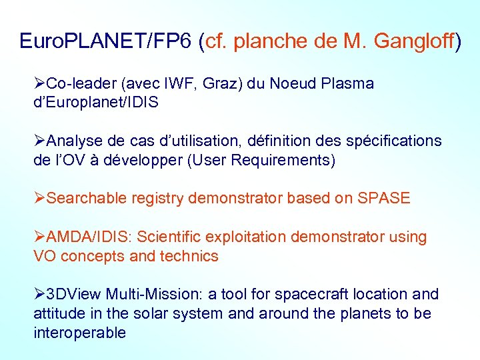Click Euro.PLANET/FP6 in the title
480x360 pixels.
tap(106, 41)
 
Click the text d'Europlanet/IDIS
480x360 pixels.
tap(96, 103)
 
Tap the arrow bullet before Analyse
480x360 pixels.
tap(40, 141)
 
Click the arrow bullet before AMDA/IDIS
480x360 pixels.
tap(40, 237)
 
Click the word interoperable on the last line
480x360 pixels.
tap(79, 333)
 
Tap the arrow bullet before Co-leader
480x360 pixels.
tap(40, 84)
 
